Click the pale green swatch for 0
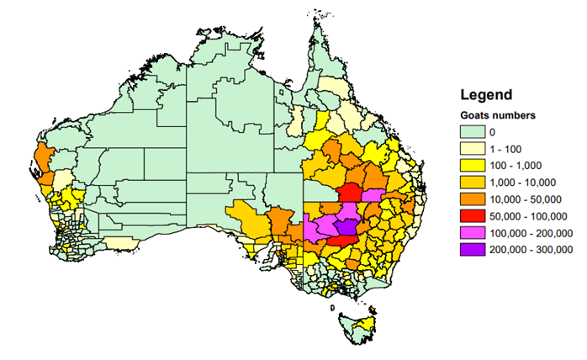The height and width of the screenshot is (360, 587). click(x=474, y=132)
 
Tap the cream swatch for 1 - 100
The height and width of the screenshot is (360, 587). click(x=474, y=149)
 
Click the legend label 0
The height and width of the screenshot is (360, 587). click(x=493, y=132)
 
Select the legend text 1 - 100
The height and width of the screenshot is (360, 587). click(x=507, y=149)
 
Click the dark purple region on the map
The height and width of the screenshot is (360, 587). click(x=346, y=225)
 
